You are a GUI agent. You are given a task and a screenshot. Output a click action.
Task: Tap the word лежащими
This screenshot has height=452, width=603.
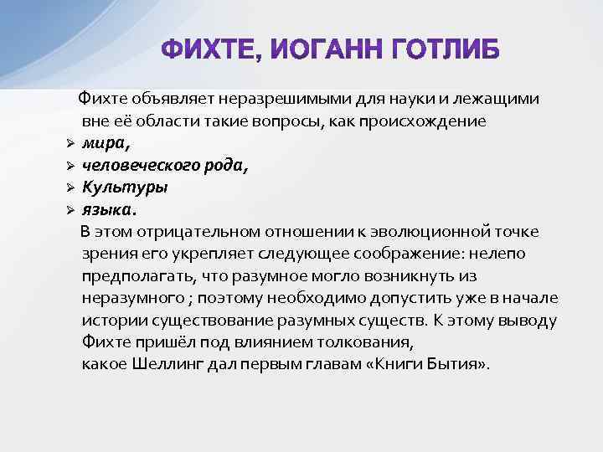pyautogui.click(x=502, y=100)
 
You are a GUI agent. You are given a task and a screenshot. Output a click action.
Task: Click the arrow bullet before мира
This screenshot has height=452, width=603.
pyautogui.click(x=71, y=144)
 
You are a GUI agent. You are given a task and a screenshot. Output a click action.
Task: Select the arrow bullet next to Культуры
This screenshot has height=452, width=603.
pyautogui.click(x=71, y=187)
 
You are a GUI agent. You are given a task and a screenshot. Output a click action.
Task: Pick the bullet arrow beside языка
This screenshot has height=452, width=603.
pyautogui.click(x=71, y=208)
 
